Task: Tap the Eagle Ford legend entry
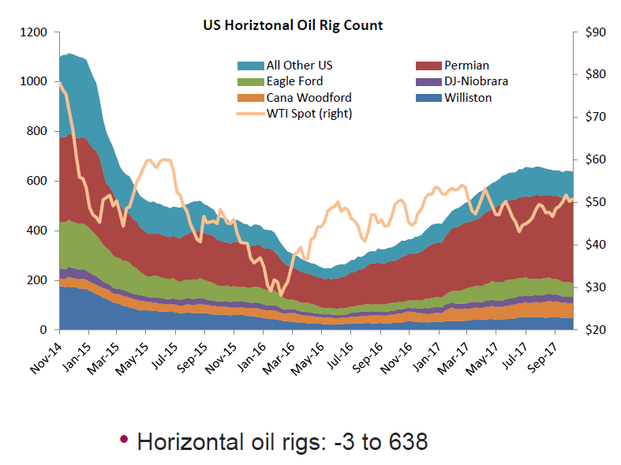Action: coord(294,81)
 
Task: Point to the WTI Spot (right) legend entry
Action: coord(309,114)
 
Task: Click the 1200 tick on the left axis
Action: coord(37,32)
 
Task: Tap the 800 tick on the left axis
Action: coord(40,131)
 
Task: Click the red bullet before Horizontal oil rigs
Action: coord(124,441)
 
